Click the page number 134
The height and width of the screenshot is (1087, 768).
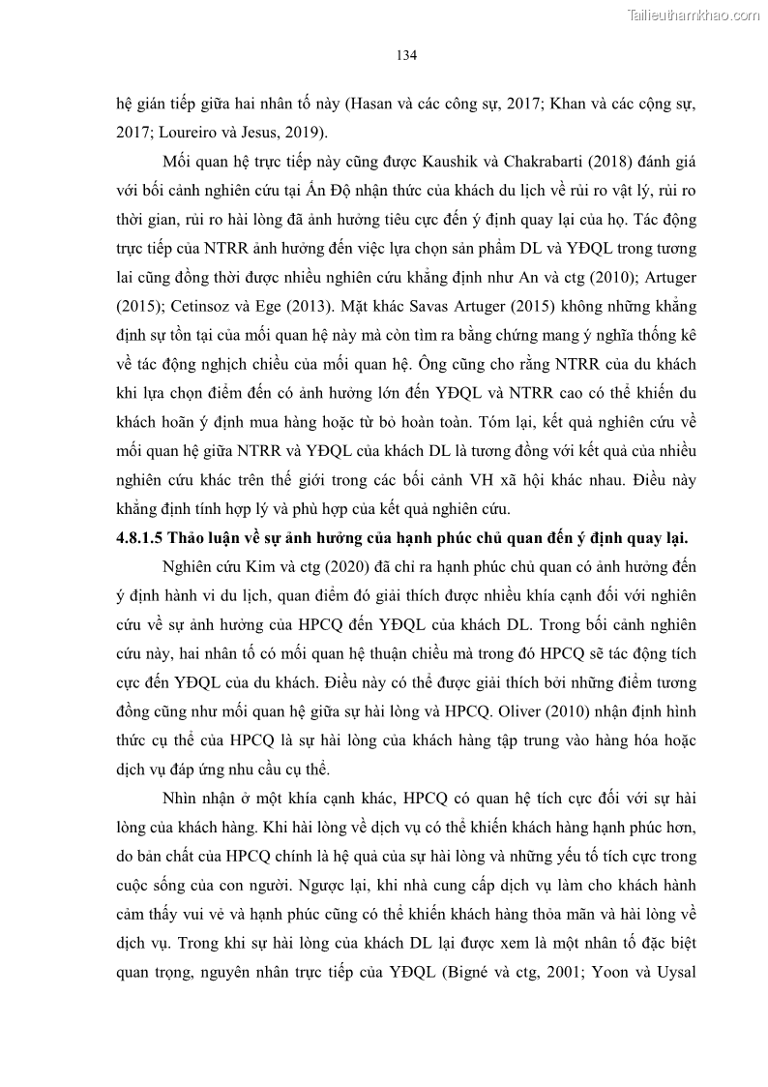(x=406, y=55)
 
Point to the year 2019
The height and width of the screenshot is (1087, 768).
(x=308, y=132)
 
